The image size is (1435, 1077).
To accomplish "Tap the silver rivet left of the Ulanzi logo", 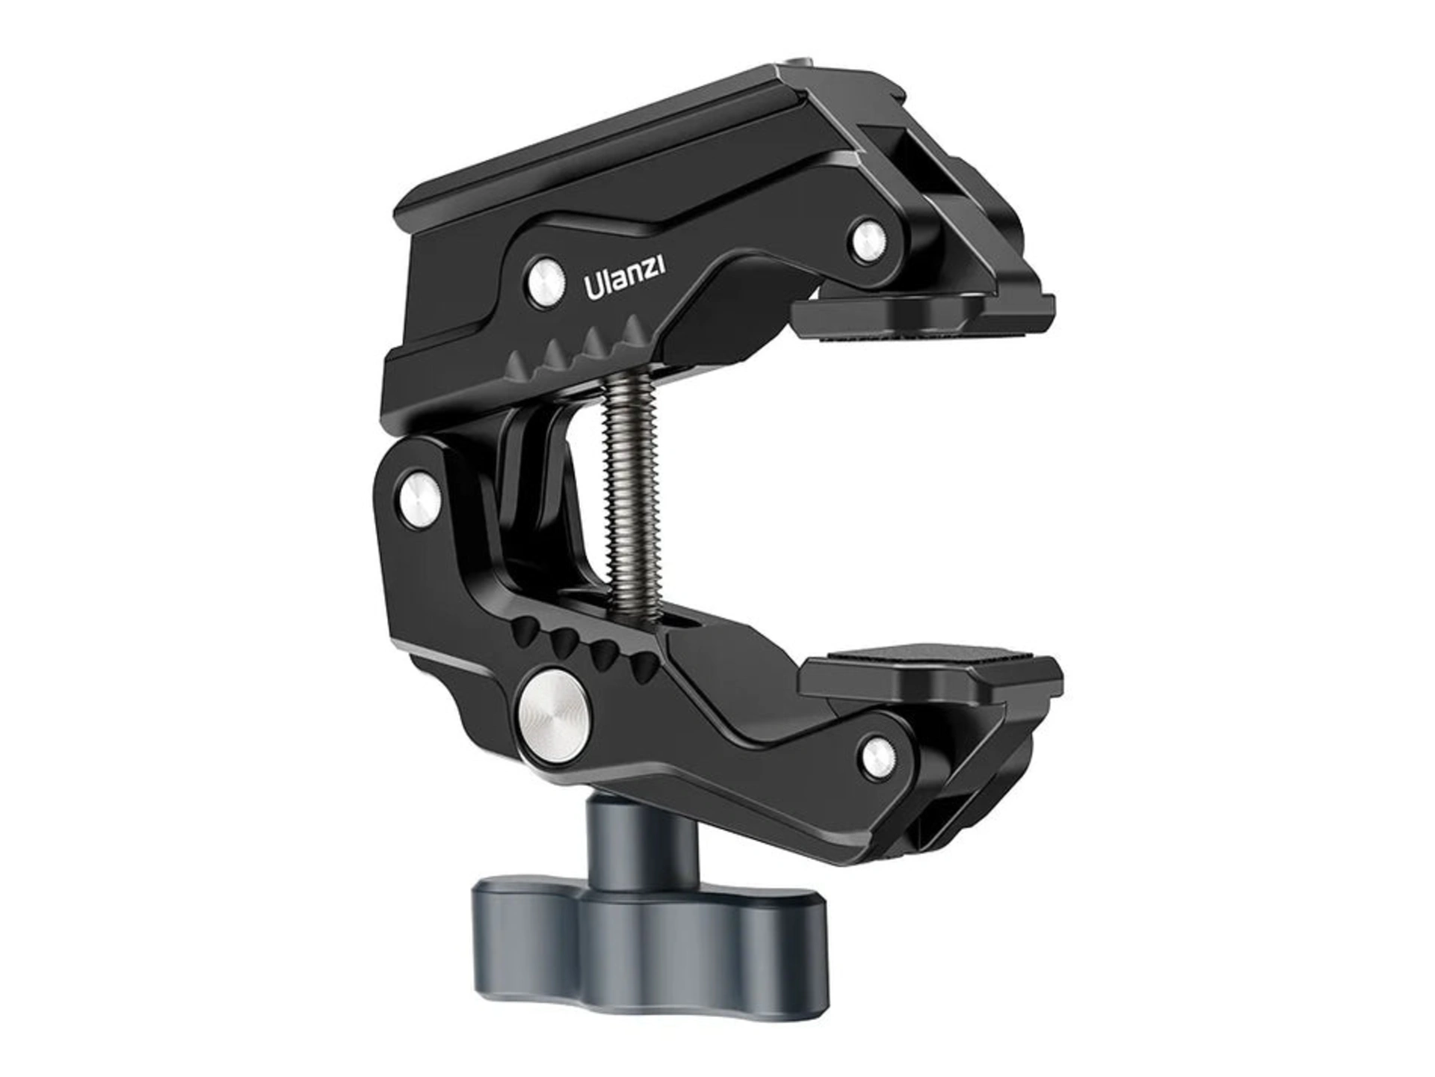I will point(545,283).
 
